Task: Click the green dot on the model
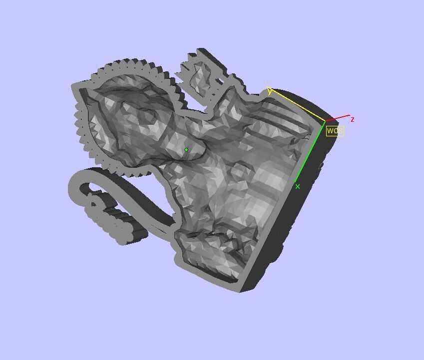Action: (186, 149)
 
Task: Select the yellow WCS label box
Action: (335, 131)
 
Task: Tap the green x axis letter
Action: (298, 186)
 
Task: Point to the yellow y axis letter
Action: (270, 91)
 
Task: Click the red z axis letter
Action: (353, 119)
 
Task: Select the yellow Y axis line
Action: (298, 105)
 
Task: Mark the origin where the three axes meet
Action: (325, 121)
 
